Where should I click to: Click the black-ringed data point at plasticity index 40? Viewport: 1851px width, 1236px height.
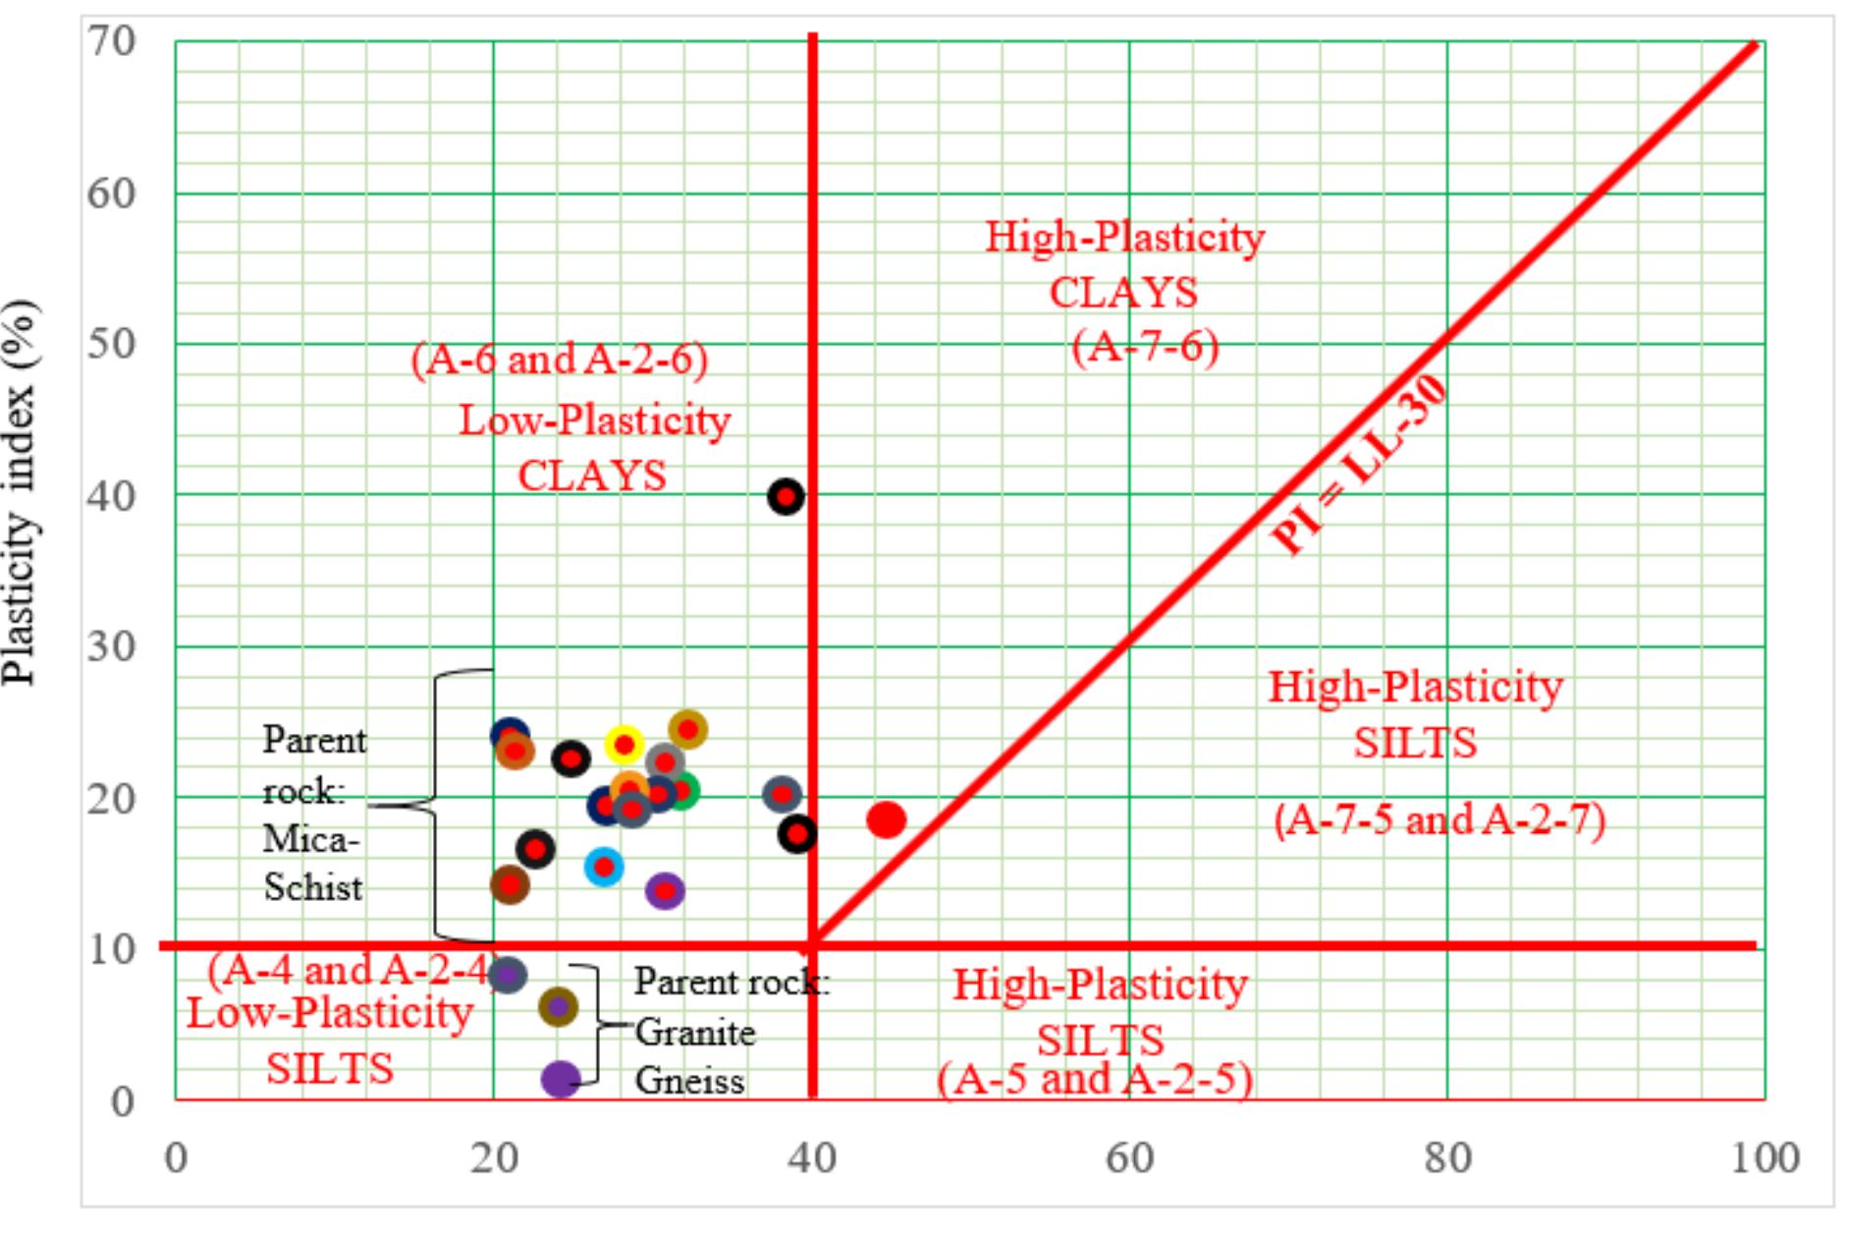point(786,497)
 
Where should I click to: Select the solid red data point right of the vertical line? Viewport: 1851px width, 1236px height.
point(886,819)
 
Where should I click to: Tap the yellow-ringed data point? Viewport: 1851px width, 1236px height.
point(625,744)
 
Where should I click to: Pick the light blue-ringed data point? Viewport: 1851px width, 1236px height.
point(604,867)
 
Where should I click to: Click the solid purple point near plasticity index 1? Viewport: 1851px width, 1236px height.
point(561,1079)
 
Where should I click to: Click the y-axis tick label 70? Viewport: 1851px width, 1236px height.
point(111,42)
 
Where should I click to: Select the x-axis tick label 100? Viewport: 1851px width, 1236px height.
point(1765,1159)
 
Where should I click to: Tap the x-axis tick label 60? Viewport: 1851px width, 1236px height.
point(1129,1159)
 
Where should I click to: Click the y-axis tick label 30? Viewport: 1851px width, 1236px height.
point(111,646)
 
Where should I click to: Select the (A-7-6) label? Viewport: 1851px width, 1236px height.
point(1145,346)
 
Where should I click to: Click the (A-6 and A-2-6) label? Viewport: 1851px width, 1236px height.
point(560,360)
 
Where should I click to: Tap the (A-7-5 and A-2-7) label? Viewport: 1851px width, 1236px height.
point(1440,819)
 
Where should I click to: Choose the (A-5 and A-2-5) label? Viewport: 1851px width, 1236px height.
point(1095,1080)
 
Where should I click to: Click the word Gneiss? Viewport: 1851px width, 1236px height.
point(689,1081)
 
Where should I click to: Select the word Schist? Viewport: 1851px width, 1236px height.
point(313,888)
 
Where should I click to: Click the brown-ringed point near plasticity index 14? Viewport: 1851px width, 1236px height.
point(510,884)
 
